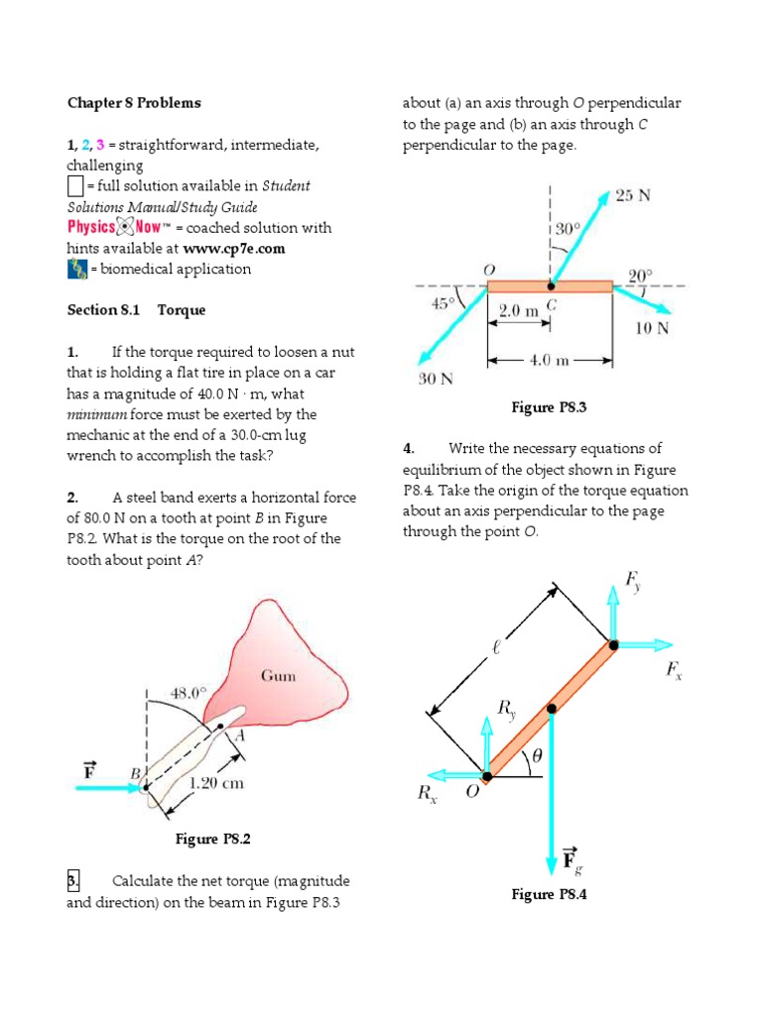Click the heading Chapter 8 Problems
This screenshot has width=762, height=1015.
pos(133,103)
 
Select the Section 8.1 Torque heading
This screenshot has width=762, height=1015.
pos(136,310)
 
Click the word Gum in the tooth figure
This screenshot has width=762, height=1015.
pos(278,676)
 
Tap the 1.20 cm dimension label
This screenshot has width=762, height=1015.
pos(215,783)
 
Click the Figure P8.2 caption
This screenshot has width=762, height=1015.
pos(212,840)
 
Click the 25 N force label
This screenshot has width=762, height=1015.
pos(633,195)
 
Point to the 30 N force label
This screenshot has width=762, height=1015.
pos(435,378)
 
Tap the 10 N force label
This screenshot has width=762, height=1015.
pos(651,328)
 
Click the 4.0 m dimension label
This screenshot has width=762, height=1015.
pos(550,361)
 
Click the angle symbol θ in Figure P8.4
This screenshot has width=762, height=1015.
pos(537,755)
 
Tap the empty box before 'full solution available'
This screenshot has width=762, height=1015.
pos(76,186)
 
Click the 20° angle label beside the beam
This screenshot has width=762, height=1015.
pos(642,275)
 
